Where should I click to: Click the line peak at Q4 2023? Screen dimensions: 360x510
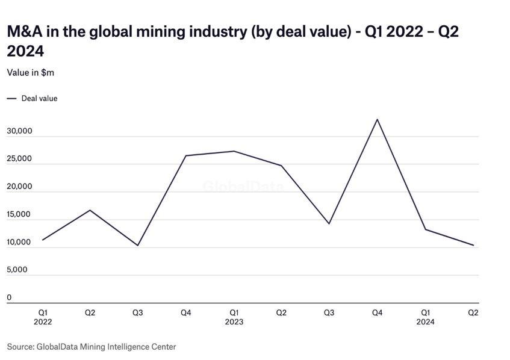[x=378, y=119]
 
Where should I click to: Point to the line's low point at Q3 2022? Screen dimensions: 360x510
[x=138, y=245]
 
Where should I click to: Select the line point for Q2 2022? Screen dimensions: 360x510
[x=90, y=210]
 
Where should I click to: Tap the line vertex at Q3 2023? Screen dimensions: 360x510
[x=329, y=223]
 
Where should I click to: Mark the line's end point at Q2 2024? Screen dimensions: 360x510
[x=473, y=245]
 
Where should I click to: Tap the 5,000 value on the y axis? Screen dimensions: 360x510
[x=17, y=269]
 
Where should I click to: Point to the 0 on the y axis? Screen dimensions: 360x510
[x=9, y=297]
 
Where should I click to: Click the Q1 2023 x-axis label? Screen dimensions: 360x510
[x=234, y=317]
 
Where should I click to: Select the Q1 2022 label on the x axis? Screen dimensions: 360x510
[x=43, y=317]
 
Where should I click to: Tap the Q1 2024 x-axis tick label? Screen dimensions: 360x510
[x=425, y=317]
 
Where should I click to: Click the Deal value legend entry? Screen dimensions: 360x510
[x=39, y=98]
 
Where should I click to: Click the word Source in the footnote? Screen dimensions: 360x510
[x=20, y=346]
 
